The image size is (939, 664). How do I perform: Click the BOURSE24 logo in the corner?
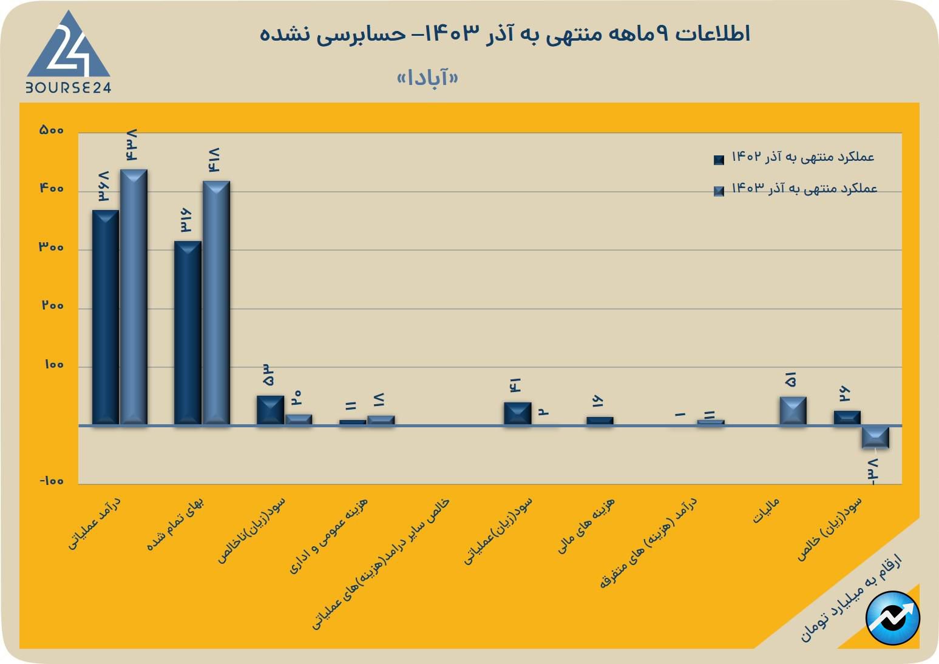coord(69,53)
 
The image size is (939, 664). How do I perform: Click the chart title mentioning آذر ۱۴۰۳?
coord(505,33)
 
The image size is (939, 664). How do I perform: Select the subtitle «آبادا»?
coord(427,78)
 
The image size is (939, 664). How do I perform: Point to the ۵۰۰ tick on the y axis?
coord(52,130)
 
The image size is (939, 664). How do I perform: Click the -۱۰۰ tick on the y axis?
coord(52,481)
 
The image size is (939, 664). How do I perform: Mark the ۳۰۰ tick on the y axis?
coord(52,248)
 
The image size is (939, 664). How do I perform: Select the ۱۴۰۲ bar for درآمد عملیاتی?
coord(106,317)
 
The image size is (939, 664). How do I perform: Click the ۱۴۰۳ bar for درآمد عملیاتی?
coord(134,297)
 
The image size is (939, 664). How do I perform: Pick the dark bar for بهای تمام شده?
coord(188,333)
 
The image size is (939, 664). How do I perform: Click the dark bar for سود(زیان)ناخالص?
coord(270,410)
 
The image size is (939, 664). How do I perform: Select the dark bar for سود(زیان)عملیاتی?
coord(517,413)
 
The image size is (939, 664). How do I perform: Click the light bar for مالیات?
coord(793,410)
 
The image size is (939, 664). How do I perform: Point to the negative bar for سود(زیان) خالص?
coord(875,437)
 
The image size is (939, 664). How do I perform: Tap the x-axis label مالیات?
coord(766,511)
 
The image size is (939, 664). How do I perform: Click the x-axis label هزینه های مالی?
coord(587,525)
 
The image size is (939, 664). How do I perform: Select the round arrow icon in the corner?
coord(893,618)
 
